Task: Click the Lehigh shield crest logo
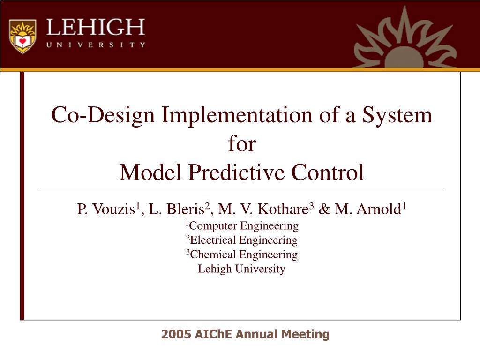pyautogui.click(x=22, y=36)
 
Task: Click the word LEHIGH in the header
pyautogui.click(x=96, y=27)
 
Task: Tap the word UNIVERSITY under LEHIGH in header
pyautogui.click(x=96, y=45)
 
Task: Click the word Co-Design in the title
pyautogui.click(x=103, y=116)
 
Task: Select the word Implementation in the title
pyautogui.click(x=237, y=116)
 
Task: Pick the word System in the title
pyautogui.click(x=397, y=115)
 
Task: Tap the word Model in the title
pyautogui.click(x=150, y=172)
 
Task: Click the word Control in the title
pyautogui.click(x=328, y=172)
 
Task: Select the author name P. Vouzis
pyautogui.click(x=106, y=209)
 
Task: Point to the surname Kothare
pyautogui.click(x=283, y=209)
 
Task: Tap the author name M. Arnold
pyautogui.click(x=367, y=209)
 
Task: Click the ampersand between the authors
pyautogui.click(x=324, y=209)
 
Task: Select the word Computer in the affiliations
pyautogui.click(x=213, y=226)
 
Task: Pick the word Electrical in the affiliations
pyautogui.click(x=213, y=240)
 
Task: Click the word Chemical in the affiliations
pyautogui.click(x=213, y=255)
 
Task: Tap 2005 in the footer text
pyautogui.click(x=176, y=334)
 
